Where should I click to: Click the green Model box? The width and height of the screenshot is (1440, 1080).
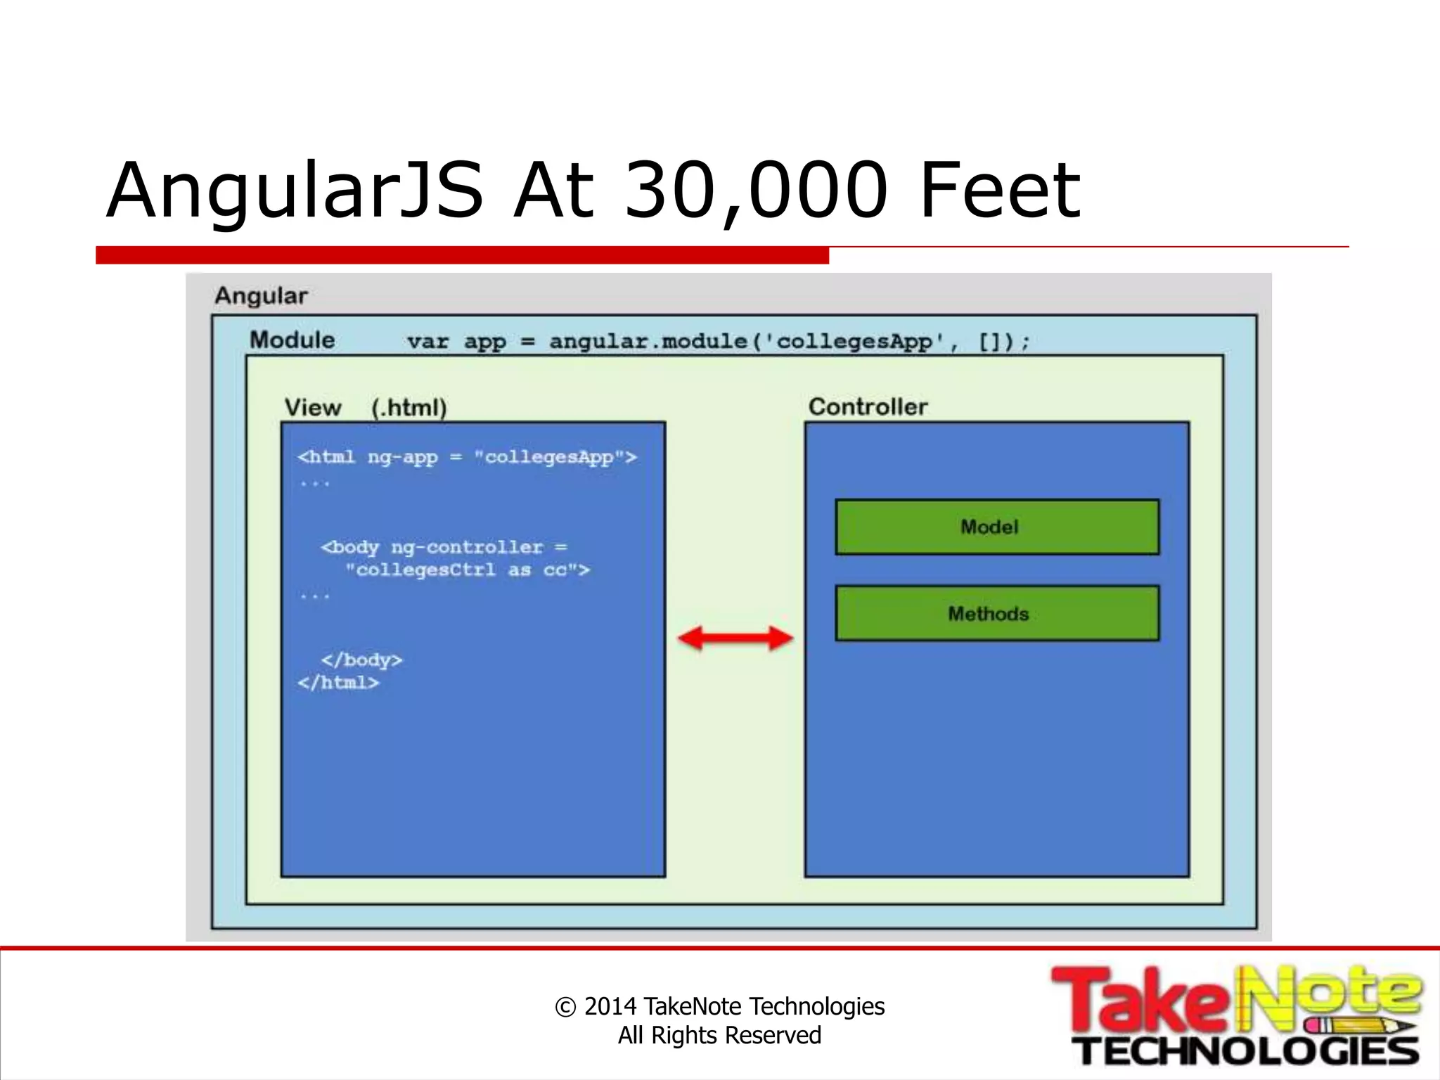[996, 527]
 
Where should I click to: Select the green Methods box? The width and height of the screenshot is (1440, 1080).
[996, 613]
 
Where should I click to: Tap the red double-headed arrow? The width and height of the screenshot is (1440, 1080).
[735, 638]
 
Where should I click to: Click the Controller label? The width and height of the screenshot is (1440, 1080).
[868, 406]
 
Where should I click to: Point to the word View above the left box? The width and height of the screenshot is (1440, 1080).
[312, 408]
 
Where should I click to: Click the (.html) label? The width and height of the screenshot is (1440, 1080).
[409, 408]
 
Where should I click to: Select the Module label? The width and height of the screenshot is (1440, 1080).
[292, 340]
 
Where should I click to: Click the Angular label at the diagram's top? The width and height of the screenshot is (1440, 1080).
[261, 296]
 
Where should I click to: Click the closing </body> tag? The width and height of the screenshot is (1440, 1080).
[361, 660]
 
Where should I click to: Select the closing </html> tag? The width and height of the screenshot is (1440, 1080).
[338, 683]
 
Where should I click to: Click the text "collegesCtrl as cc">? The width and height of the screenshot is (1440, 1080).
[468, 570]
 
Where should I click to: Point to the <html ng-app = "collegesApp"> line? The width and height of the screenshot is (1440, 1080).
[467, 458]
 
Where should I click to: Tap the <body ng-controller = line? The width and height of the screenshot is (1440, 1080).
[444, 547]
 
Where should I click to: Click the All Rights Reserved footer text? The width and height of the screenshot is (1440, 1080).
[719, 1036]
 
